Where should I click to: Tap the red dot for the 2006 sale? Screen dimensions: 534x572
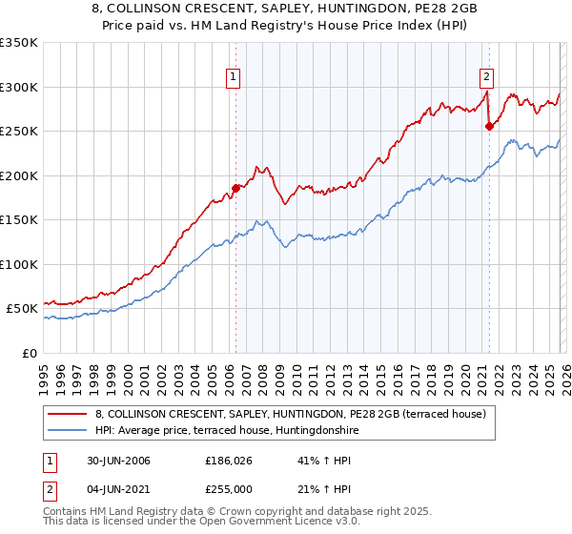click(x=235, y=188)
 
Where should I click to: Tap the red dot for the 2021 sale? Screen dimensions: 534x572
click(x=489, y=127)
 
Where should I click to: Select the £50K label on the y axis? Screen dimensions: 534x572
click(x=23, y=309)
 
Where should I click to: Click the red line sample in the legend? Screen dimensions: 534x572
click(x=68, y=414)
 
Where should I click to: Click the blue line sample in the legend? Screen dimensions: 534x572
click(x=68, y=430)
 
